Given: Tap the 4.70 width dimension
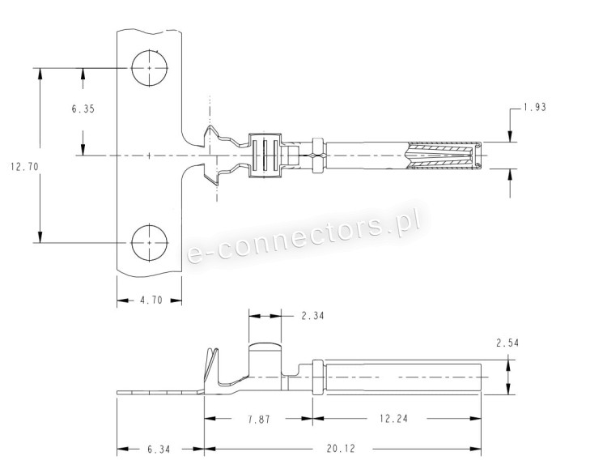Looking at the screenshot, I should pyautogui.click(x=151, y=300).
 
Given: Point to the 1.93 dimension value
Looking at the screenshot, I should pyautogui.click(x=533, y=108).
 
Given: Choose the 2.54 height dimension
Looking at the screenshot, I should pyautogui.click(x=507, y=343).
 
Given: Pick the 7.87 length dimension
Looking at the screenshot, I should pyautogui.click(x=259, y=419).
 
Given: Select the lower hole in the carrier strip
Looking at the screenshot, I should pyautogui.click(x=150, y=241).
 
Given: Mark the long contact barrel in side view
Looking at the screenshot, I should pyautogui.click(x=401, y=378).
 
